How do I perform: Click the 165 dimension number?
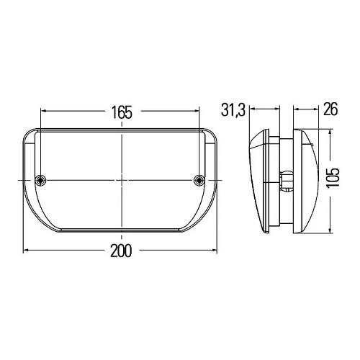click(x=121, y=112)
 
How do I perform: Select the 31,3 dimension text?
click(x=234, y=110)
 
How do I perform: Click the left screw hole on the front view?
click(x=42, y=179)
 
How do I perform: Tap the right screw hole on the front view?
click(x=200, y=179)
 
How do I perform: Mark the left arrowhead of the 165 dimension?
click(x=43, y=112)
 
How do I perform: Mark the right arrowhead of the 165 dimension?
click(x=199, y=112)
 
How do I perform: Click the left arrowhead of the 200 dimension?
click(x=27, y=250)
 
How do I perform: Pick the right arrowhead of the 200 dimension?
click(x=215, y=250)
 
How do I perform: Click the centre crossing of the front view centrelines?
click(x=121, y=179)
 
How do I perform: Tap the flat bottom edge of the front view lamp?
click(x=121, y=233)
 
